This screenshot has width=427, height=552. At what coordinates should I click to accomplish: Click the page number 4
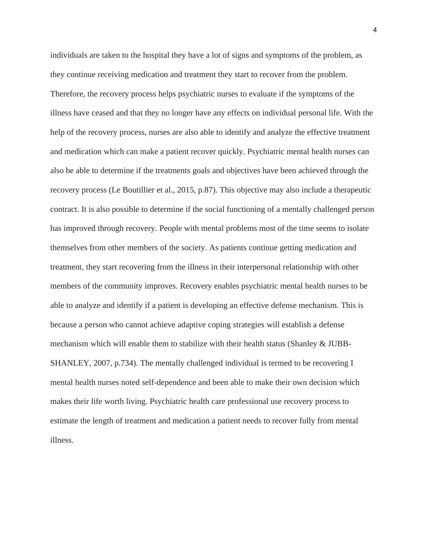tap(375, 30)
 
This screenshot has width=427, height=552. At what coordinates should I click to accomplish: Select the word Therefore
tap(67, 94)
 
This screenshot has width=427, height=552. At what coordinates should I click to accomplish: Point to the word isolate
tap(358, 228)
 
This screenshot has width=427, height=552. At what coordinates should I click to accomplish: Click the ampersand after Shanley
tap(322, 344)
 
